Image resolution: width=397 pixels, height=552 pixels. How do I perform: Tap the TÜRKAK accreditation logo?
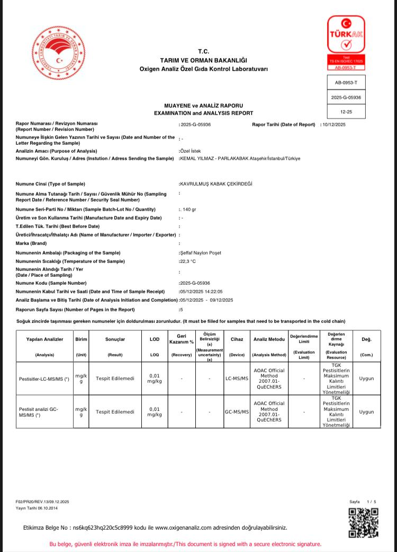click(346, 42)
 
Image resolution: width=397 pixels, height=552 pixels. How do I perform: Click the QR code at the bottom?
click(363, 522)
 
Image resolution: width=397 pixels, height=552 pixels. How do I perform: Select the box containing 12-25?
click(346, 112)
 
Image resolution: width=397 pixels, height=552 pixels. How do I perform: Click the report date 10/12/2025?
click(333, 125)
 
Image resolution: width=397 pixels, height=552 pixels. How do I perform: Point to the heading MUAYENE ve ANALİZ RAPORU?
click(203, 106)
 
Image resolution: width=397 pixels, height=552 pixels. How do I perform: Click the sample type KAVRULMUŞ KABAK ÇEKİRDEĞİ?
click(216, 184)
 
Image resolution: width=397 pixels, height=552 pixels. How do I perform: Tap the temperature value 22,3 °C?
click(188, 261)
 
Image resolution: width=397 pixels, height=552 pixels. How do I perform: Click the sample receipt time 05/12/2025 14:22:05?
click(202, 292)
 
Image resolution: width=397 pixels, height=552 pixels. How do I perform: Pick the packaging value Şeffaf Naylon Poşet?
click(201, 253)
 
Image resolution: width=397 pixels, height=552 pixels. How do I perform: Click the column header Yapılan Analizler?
click(44, 339)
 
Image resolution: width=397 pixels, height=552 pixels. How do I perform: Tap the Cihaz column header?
click(237, 339)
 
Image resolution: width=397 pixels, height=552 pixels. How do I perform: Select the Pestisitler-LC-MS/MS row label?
click(44, 379)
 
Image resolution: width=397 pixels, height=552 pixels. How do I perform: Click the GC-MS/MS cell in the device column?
click(237, 411)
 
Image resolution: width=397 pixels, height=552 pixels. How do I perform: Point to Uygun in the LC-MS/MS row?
click(366, 379)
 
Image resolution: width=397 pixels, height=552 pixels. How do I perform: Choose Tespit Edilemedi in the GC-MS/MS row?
click(115, 411)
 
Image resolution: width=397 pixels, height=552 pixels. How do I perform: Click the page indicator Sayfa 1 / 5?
click(363, 502)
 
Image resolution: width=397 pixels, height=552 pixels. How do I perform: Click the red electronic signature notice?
click(185, 544)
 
